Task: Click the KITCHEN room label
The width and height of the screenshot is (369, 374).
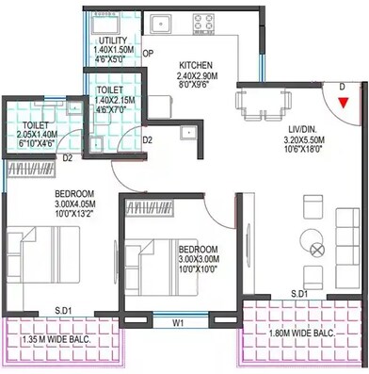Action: click(x=200, y=64)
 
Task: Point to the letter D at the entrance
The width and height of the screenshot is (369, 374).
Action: click(x=342, y=86)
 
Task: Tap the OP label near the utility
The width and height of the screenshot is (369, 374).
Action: click(x=148, y=54)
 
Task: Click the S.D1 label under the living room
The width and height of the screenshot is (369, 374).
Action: click(x=300, y=295)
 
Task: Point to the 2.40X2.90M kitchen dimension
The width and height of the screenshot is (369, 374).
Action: click(x=199, y=73)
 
